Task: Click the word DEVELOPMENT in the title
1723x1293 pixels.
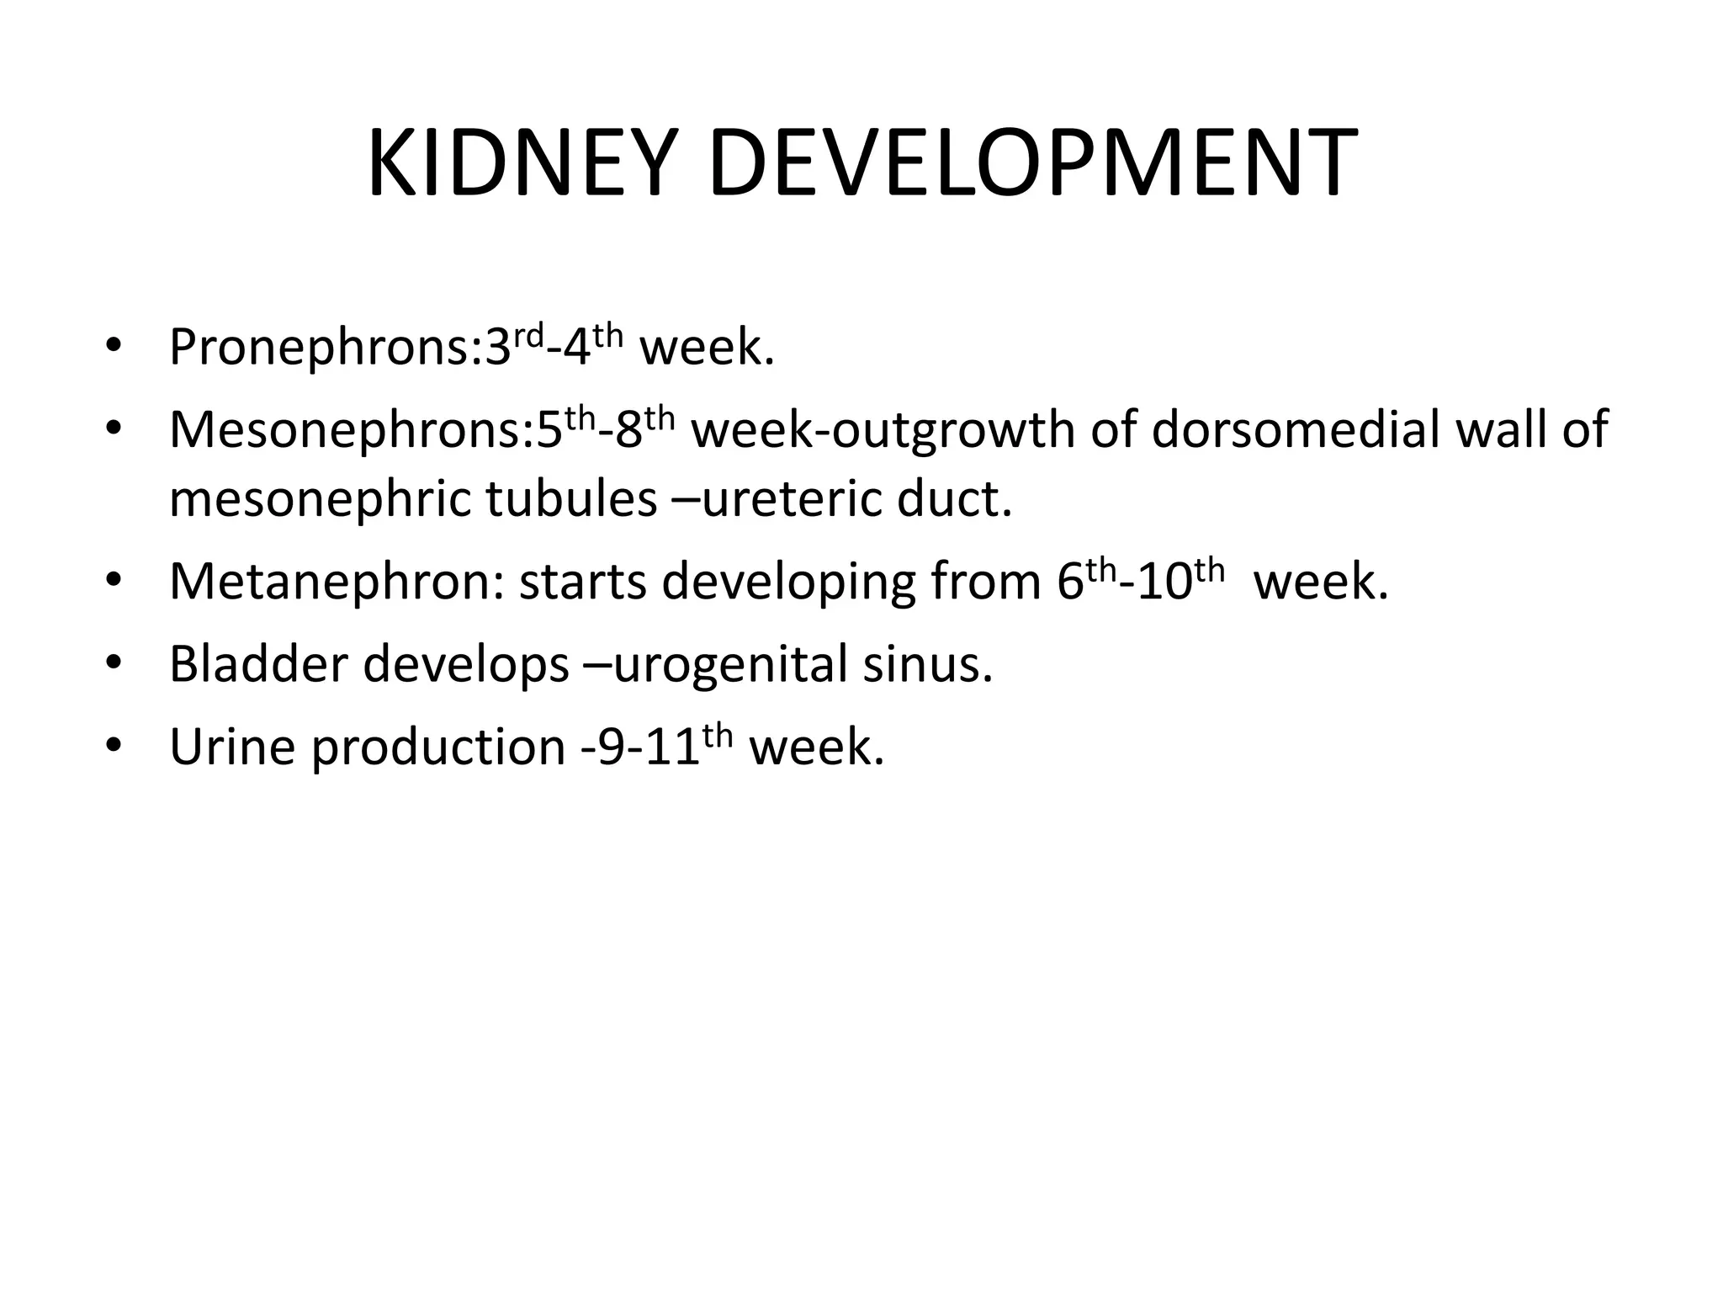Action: tap(1032, 163)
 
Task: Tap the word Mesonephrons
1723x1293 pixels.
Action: tap(345, 429)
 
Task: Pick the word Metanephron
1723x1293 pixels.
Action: tap(330, 582)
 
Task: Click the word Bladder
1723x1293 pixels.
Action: tap(257, 663)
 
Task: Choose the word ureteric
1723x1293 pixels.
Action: tap(791, 499)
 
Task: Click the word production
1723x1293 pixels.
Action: tap(438, 748)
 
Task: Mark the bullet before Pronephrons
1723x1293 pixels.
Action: tap(114, 348)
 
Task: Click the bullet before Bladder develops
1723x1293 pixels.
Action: tap(114, 664)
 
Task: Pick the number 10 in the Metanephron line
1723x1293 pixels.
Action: tap(1164, 582)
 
